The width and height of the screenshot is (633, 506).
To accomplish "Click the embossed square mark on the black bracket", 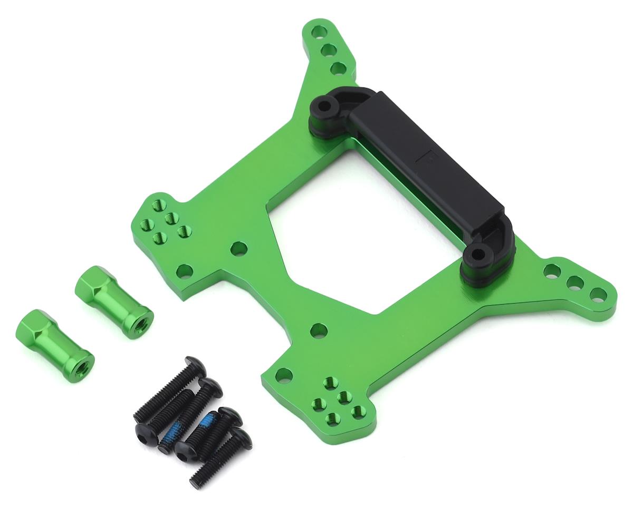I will pos(429,157).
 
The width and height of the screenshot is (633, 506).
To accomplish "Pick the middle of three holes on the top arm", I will pos(328,50).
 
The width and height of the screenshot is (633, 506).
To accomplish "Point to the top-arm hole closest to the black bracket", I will pos(338,68).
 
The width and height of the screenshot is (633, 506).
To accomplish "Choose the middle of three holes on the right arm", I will pos(574,282).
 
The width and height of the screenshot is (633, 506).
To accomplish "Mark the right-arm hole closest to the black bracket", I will pos(552,271).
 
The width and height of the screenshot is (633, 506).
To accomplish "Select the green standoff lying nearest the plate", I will pos(113,301).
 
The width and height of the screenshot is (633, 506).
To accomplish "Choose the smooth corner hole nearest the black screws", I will pos(283,375).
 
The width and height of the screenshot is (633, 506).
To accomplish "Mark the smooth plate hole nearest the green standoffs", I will pos(184,271).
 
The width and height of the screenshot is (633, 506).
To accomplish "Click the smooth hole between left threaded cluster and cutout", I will pos(238,248).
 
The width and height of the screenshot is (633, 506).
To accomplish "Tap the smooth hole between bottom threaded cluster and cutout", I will pos(319,331).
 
